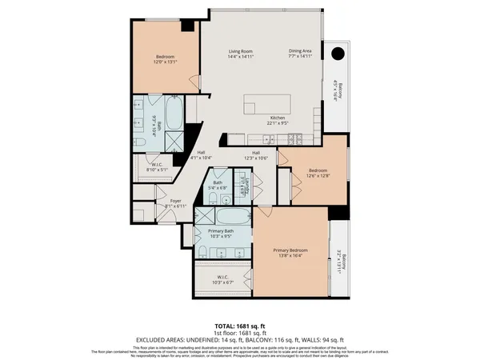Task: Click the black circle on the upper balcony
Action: [337, 55]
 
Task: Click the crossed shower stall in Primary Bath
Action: [205, 216]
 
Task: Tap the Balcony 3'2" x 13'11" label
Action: [340, 260]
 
